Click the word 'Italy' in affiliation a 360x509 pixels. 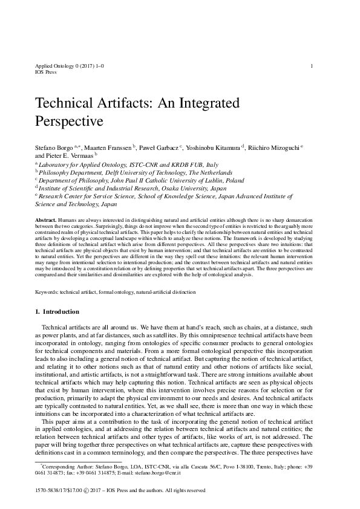[212, 164]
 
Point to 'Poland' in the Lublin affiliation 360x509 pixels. [233, 180]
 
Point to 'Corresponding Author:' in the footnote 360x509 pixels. [64, 466]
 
